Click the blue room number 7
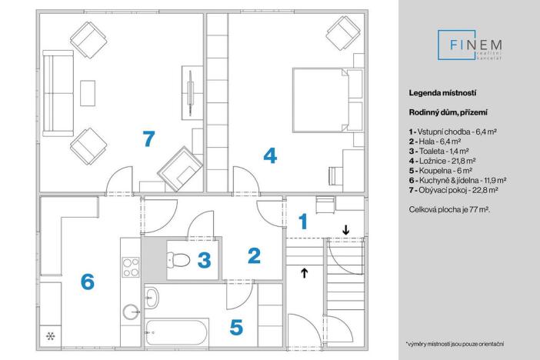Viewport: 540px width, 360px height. (148, 139)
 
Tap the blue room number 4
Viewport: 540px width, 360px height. (270, 156)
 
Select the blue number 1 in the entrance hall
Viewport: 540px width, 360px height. (303, 222)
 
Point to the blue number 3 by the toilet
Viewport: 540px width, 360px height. (204, 260)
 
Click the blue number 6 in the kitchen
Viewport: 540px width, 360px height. (88, 282)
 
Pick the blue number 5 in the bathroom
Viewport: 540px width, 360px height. (236, 327)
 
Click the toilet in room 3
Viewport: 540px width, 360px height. (178, 260)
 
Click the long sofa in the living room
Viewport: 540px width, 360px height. (54, 95)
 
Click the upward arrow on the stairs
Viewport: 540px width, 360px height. (305, 272)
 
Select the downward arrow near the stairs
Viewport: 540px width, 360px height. (345, 228)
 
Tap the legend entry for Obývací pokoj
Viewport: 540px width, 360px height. (454, 190)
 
